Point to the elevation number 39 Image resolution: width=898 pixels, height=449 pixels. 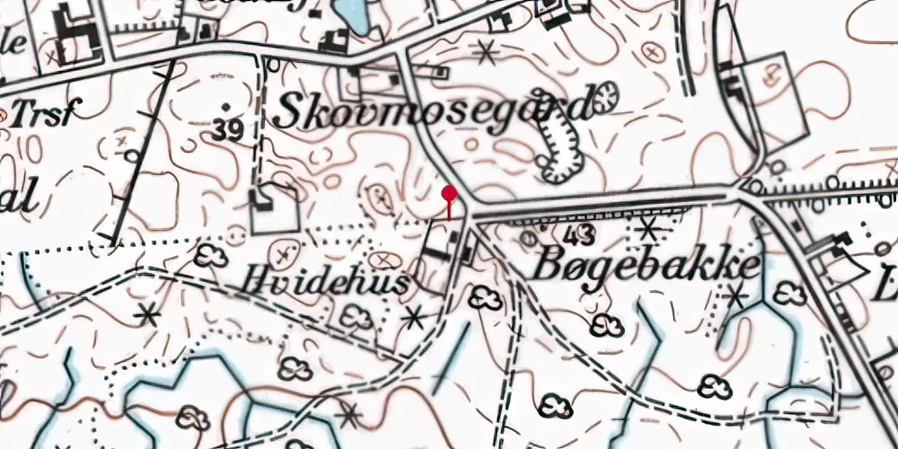point(228,132)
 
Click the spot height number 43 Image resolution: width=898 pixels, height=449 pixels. point(581,236)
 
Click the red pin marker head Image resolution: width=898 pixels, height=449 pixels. point(449,192)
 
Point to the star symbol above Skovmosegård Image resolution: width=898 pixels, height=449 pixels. point(486,53)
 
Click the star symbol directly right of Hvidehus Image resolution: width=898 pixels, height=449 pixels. point(413,316)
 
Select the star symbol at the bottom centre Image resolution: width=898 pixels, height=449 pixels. point(348,414)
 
